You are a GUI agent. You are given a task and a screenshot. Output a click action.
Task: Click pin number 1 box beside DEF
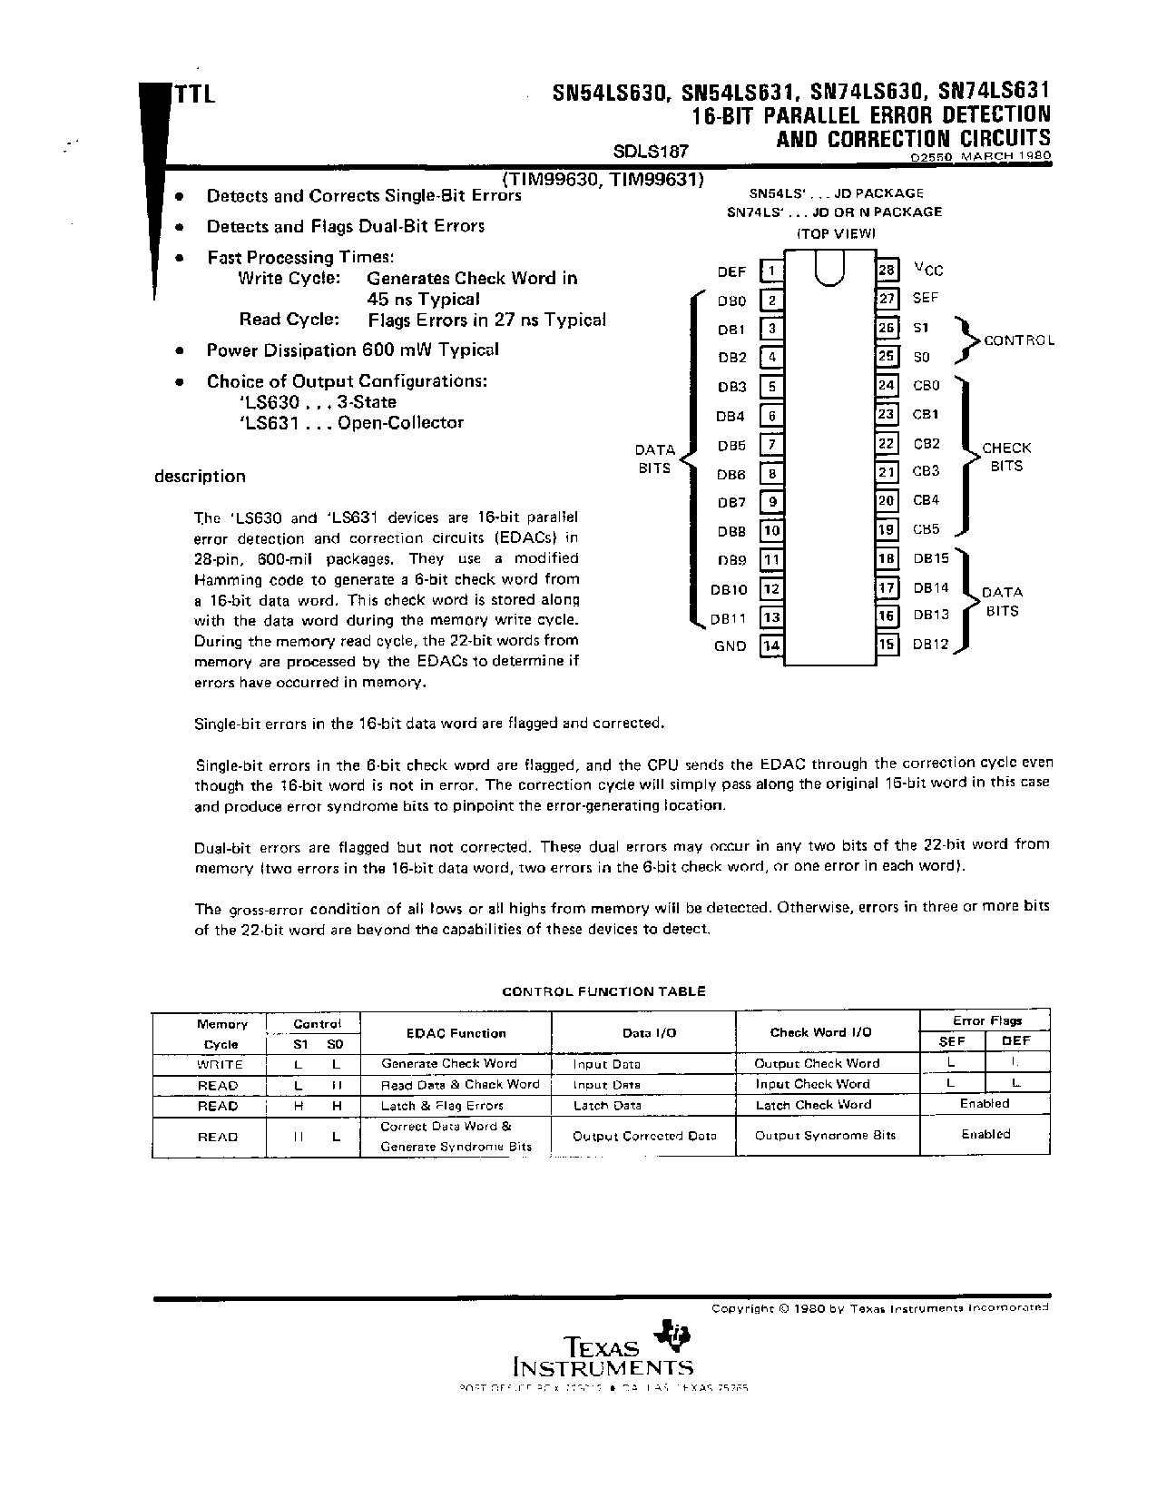point(770,271)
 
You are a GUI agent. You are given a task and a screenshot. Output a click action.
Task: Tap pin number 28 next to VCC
point(887,270)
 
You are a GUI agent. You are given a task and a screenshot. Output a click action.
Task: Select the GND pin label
point(730,646)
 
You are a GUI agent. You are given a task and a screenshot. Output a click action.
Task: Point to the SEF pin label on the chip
point(926,298)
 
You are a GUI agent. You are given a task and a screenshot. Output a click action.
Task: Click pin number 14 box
point(770,646)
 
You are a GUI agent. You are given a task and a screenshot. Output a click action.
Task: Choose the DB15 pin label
point(931,559)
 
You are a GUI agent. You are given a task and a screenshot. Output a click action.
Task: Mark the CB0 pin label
point(926,385)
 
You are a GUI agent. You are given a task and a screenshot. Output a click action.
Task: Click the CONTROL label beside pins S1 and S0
point(1019,340)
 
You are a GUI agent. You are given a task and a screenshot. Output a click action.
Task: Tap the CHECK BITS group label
point(1006,457)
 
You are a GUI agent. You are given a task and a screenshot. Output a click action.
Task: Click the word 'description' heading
point(200,477)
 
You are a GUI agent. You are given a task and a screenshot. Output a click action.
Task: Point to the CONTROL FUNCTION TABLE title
point(603,991)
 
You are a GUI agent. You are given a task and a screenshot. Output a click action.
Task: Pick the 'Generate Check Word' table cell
point(448,1063)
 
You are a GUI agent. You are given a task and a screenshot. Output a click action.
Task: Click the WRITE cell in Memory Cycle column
point(220,1064)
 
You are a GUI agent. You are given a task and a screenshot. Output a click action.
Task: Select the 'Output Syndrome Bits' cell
point(825,1136)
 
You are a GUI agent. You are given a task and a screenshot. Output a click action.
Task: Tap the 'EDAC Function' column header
point(456,1033)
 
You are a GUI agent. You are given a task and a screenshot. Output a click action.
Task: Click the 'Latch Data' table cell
point(607,1105)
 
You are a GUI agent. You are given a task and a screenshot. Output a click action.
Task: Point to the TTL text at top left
point(193,94)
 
